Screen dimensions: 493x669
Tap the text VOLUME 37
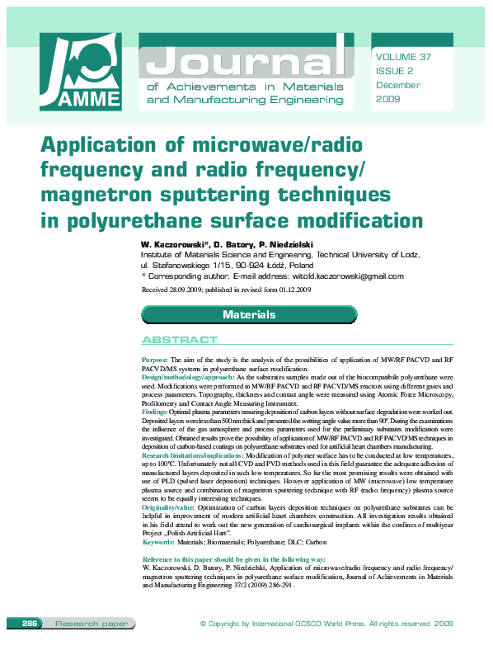[x=403, y=57]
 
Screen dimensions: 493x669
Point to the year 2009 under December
[x=387, y=99]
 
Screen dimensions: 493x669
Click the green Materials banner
[x=249, y=315]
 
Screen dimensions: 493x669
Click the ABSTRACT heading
[x=180, y=340]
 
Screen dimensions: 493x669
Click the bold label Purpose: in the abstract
[x=155, y=360]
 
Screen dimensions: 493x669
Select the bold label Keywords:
[x=158, y=542]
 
